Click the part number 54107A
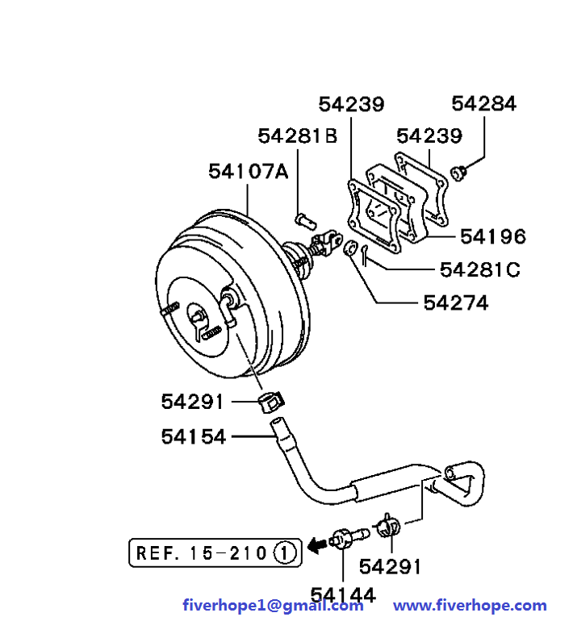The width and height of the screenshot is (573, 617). click(x=248, y=172)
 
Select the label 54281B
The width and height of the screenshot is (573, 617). click(x=298, y=136)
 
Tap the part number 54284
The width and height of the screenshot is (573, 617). click(x=483, y=103)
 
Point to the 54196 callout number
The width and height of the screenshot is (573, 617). click(x=492, y=236)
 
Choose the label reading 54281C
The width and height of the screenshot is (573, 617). click(x=479, y=269)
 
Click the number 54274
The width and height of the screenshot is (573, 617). click(x=456, y=302)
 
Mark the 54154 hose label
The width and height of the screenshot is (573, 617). click(x=194, y=436)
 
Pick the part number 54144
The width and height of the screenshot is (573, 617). click(x=343, y=596)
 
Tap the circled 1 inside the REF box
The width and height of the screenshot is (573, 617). click(x=284, y=553)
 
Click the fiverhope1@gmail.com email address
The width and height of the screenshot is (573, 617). click(x=273, y=605)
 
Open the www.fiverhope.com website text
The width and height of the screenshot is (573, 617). click(x=470, y=605)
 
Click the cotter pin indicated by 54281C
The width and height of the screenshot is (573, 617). click(x=365, y=254)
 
